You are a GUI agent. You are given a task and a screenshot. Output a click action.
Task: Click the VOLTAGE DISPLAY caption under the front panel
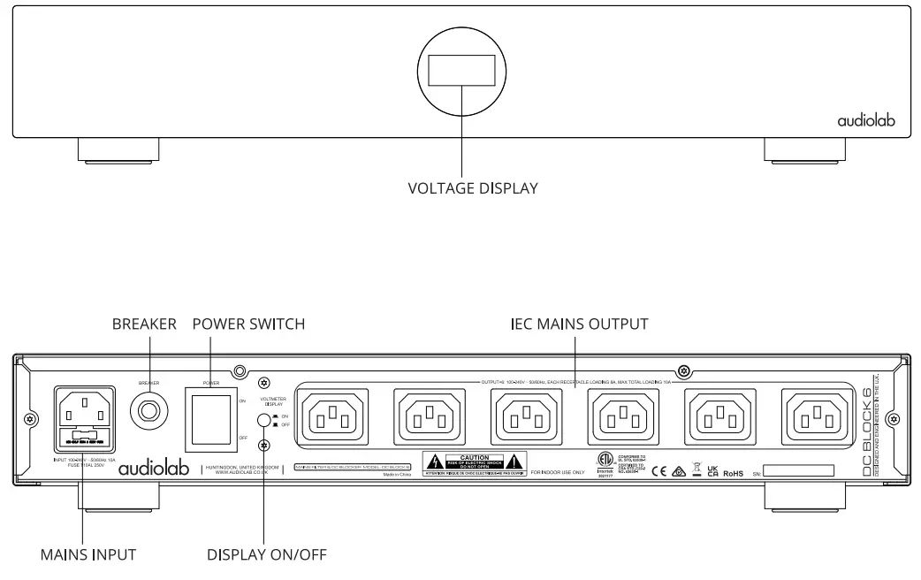click(472, 188)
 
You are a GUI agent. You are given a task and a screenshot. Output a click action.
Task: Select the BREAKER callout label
click(144, 324)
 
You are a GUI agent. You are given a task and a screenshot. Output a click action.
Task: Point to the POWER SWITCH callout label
click(248, 324)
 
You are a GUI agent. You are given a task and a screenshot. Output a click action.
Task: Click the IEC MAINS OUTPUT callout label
click(579, 324)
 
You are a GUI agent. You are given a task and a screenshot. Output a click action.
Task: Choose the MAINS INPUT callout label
click(88, 555)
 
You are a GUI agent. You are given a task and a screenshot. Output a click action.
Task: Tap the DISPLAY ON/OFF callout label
click(266, 555)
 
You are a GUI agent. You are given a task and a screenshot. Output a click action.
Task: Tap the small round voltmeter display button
click(263, 422)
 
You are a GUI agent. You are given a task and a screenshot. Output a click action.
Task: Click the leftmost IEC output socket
click(333, 413)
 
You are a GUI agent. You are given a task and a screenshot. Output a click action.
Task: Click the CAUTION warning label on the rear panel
click(474, 462)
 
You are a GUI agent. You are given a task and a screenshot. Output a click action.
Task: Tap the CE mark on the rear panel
click(658, 472)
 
